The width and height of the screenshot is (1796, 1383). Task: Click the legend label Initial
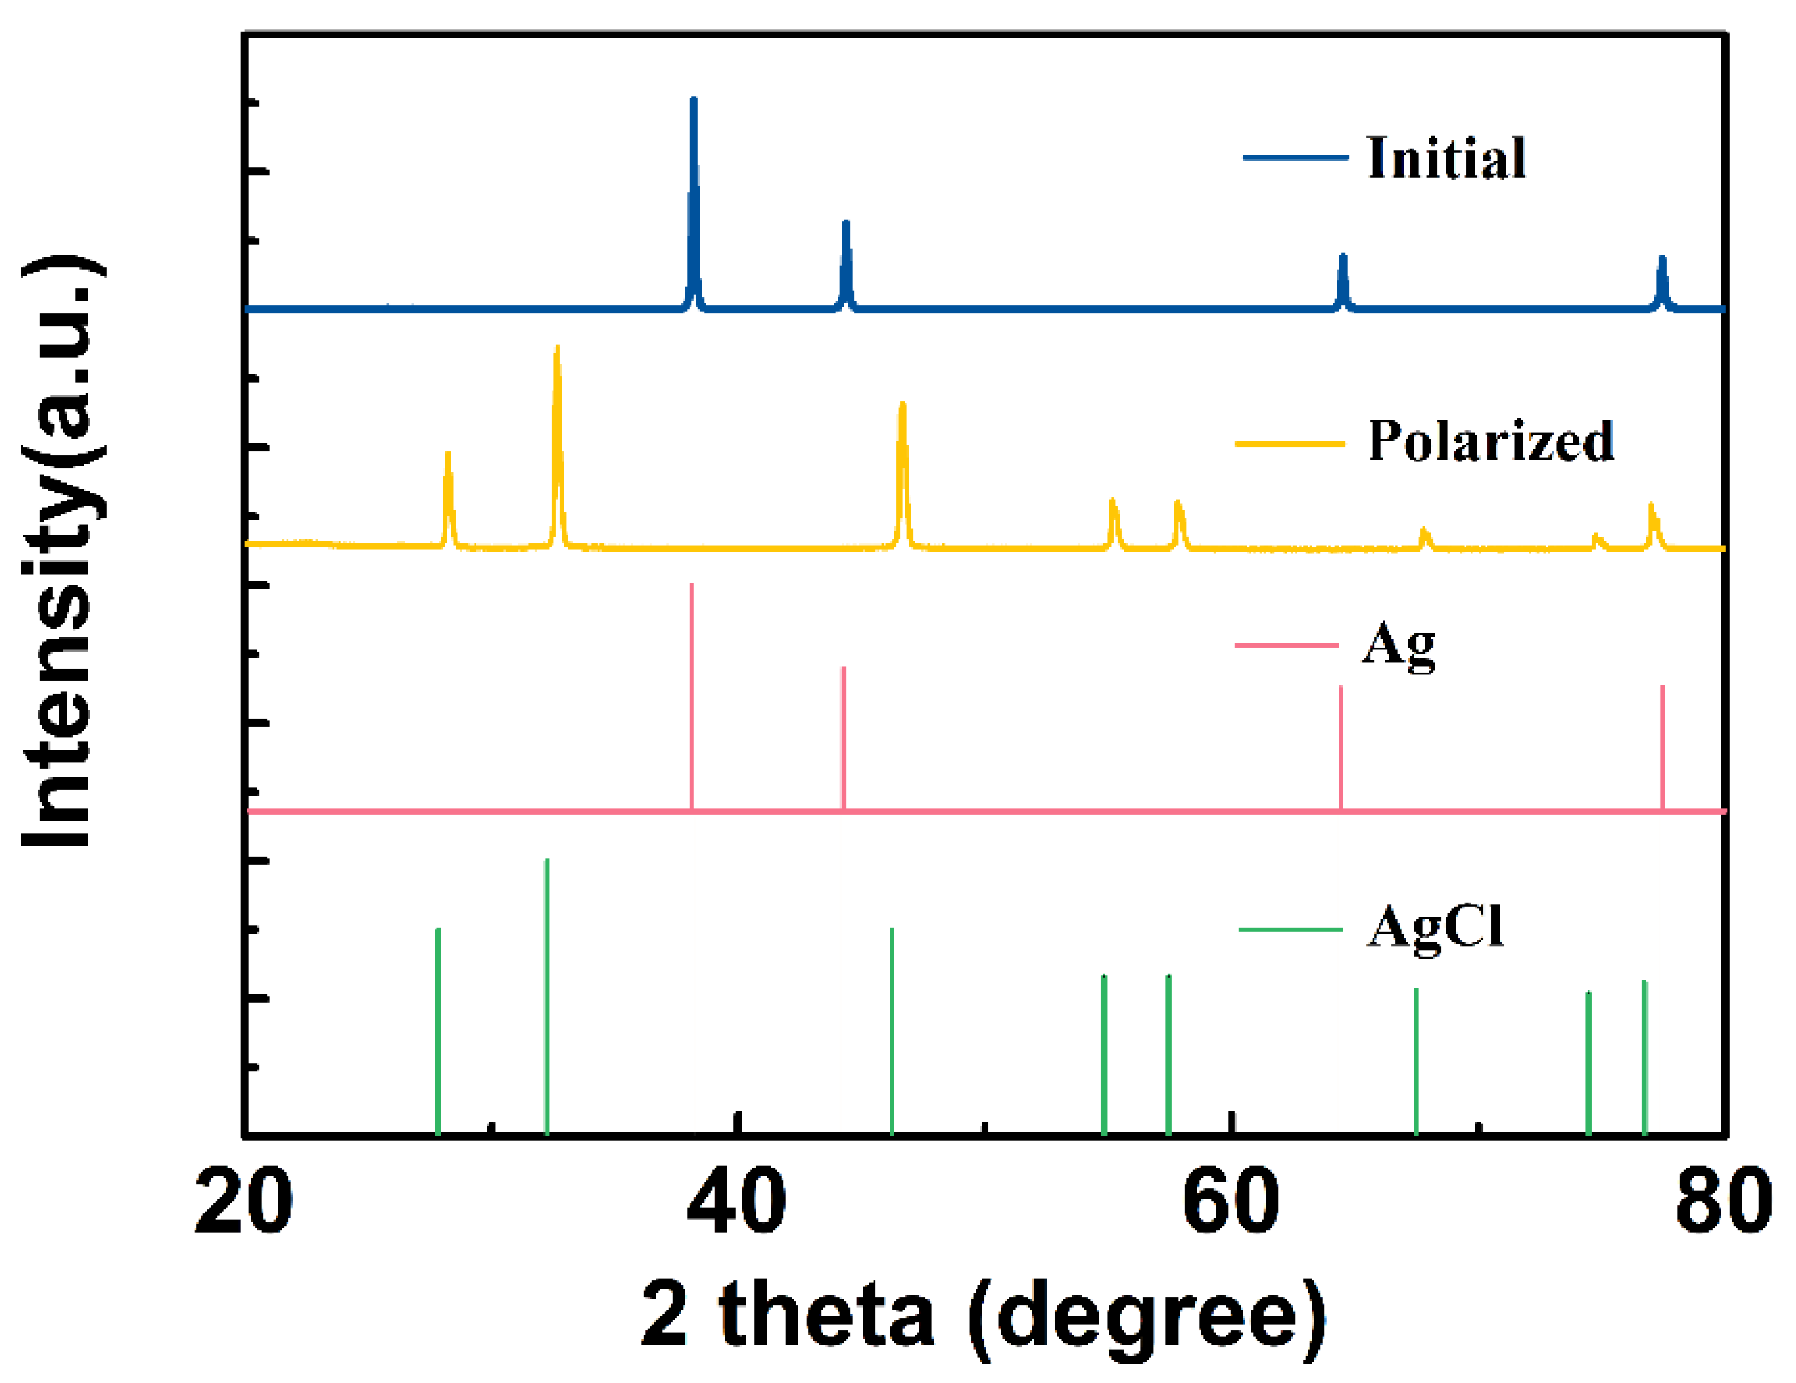click(1446, 158)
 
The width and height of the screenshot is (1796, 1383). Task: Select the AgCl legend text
click(1435, 928)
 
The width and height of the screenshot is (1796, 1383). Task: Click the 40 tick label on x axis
click(736, 1203)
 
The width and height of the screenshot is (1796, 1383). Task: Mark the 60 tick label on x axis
click(1230, 1203)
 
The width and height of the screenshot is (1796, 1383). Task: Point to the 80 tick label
click(1722, 1203)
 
